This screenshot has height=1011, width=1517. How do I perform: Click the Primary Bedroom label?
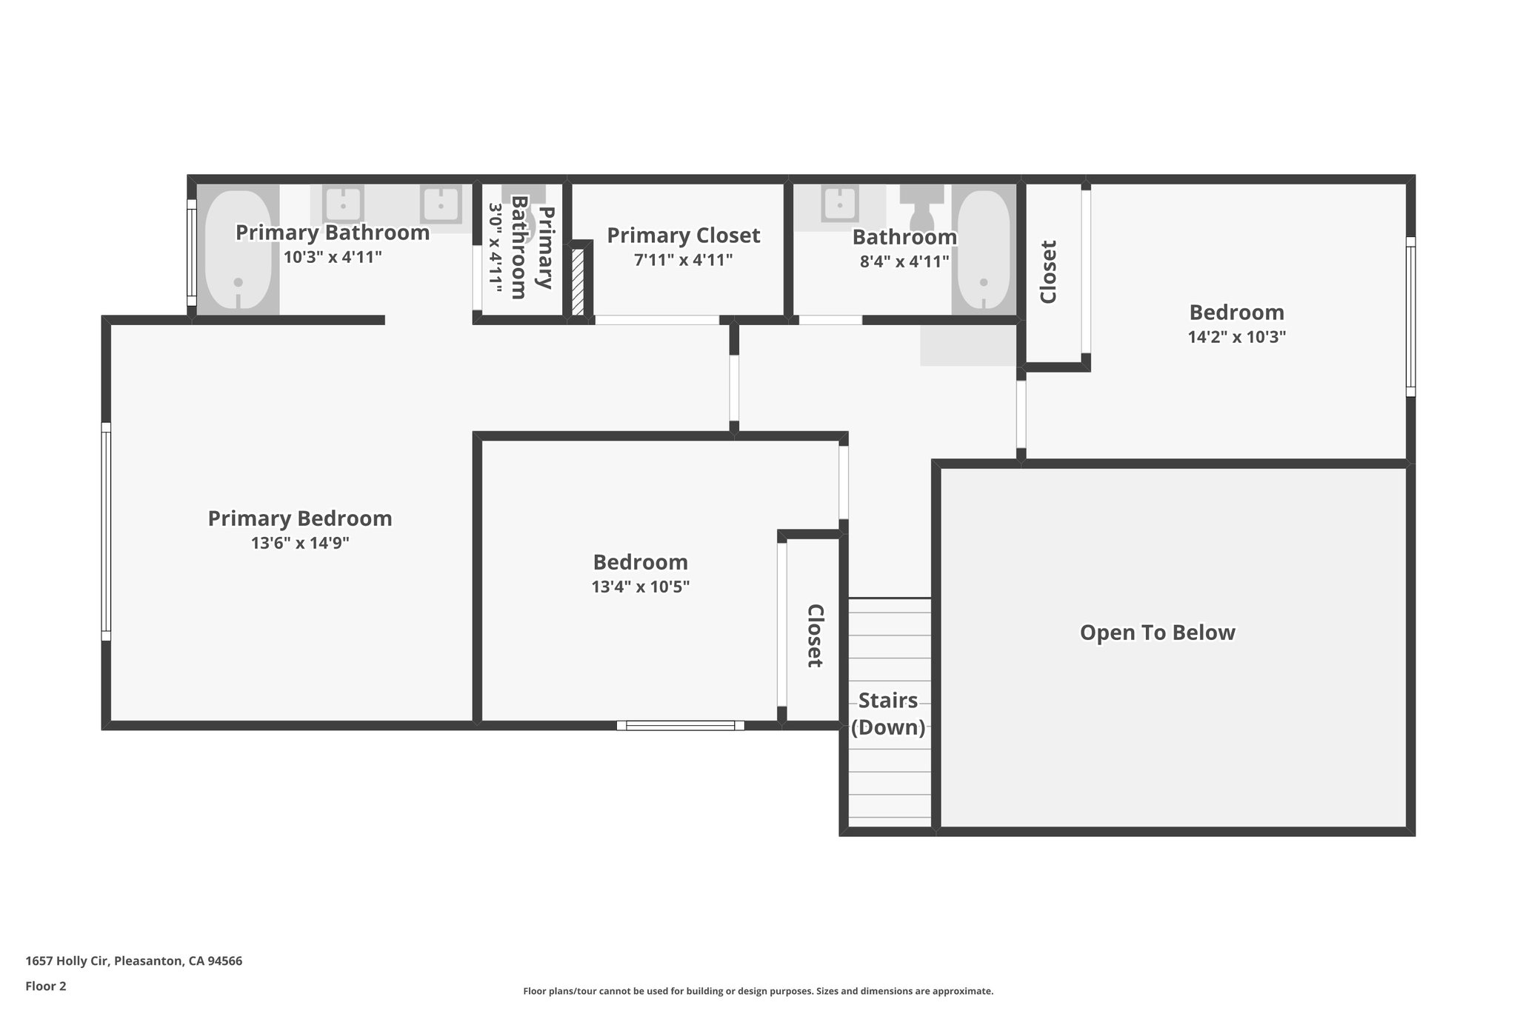pos(299,518)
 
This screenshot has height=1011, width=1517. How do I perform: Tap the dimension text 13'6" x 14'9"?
pos(299,544)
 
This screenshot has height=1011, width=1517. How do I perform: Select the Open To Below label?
pos(1157,633)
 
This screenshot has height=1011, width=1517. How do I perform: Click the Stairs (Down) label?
pos(887,714)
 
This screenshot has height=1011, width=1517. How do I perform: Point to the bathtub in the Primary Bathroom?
pos(239,250)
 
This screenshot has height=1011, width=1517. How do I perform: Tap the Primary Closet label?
pos(683,236)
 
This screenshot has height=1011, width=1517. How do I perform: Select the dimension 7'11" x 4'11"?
pos(683,261)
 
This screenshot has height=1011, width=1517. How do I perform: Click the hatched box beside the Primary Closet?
pos(578,282)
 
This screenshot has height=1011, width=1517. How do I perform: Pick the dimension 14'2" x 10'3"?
pos(1236,337)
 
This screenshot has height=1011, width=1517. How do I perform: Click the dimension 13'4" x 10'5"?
pos(640,587)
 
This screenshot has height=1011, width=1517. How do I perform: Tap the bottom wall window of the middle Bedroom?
pos(680,726)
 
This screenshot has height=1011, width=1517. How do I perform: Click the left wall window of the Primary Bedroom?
pos(106,531)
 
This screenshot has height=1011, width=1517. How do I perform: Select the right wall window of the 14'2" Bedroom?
pos(1410,316)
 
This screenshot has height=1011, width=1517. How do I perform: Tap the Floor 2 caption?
pos(45,986)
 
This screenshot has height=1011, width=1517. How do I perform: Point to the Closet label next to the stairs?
pos(815,635)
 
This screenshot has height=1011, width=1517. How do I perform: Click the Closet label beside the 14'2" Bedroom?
pos(1048,272)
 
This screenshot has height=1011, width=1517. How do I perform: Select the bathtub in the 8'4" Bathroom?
pos(984,250)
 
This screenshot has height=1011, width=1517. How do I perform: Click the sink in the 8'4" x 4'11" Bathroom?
pos(839,204)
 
